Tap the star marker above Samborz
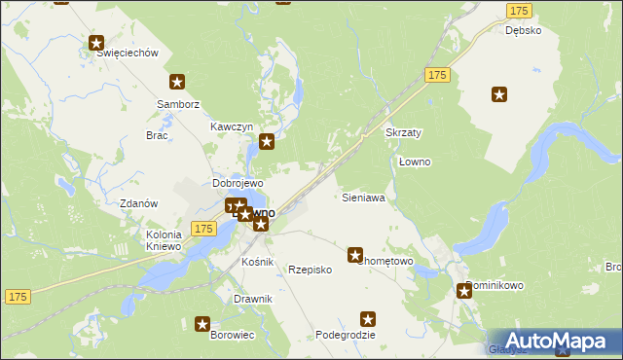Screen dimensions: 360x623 [x=177, y=83]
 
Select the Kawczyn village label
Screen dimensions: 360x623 [x=232, y=127]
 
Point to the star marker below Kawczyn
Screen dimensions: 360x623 [x=266, y=142]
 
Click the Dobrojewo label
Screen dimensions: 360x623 [x=238, y=183]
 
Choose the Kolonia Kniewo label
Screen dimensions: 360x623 [x=164, y=240]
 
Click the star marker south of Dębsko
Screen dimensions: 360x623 [x=499, y=94]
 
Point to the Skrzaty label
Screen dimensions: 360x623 [x=403, y=132]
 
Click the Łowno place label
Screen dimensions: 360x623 [x=415, y=162]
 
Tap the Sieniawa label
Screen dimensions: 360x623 [x=364, y=198]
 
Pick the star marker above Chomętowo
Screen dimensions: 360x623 [x=355, y=254]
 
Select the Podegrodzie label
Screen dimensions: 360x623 [x=345, y=335]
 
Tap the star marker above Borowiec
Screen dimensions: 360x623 [x=202, y=324]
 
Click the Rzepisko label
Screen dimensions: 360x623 [x=311, y=270]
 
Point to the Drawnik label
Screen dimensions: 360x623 [x=253, y=299]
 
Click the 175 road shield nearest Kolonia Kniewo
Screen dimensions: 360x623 [x=202, y=228]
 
